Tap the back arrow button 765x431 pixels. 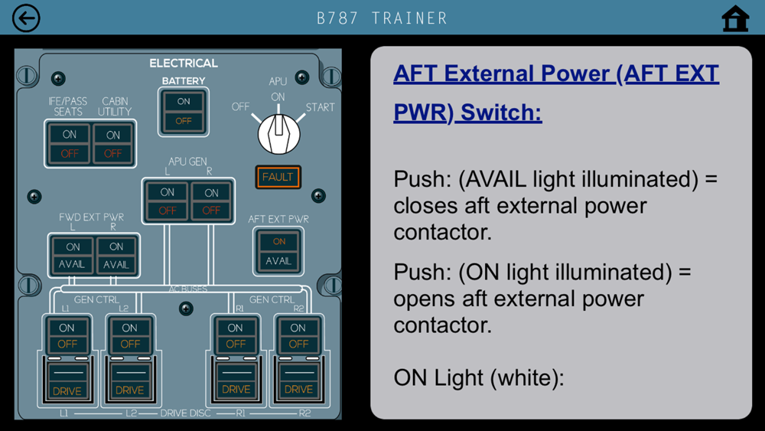pyautogui.click(x=26, y=18)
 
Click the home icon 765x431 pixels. pyautogui.click(x=735, y=18)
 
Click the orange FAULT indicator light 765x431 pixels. pyautogui.click(x=278, y=177)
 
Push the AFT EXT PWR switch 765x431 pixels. pyautogui.click(x=278, y=251)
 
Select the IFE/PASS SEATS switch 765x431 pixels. pyautogui.click(x=70, y=144)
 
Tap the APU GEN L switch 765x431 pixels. pyautogui.click(x=167, y=201)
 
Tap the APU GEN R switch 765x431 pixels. pyautogui.click(x=211, y=201)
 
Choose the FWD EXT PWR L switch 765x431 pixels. pyautogui.click(x=72, y=255)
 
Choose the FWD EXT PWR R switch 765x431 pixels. pyautogui.click(x=116, y=255)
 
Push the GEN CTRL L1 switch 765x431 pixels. pyautogui.click(x=67, y=335)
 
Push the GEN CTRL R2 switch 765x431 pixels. pyautogui.click(x=298, y=335)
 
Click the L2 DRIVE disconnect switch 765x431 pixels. pyautogui.click(x=130, y=380)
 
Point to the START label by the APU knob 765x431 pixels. pyautogui.click(x=320, y=107)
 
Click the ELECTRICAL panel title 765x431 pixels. pyautogui.click(x=184, y=63)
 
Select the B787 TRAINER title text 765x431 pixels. pyautogui.click(x=382, y=18)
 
